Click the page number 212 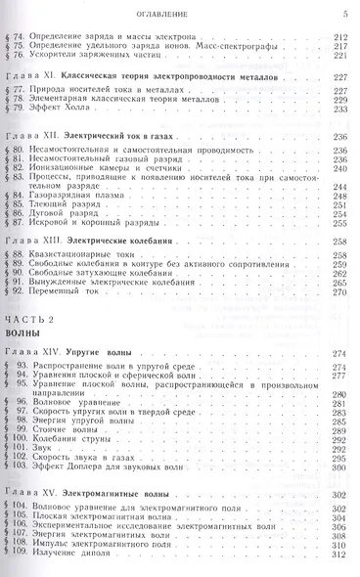tap(339, 35)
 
